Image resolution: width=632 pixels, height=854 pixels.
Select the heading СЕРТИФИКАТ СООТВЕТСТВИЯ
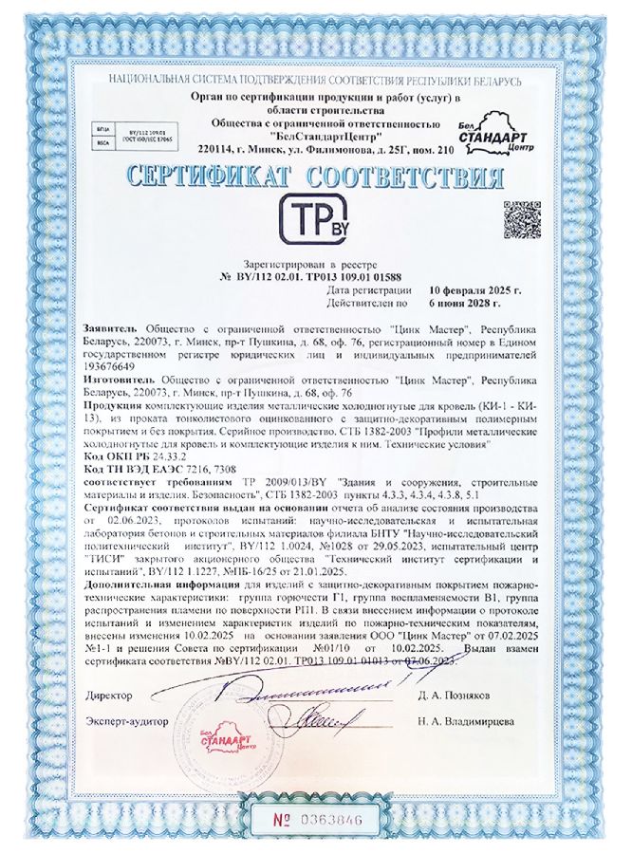(x=315, y=177)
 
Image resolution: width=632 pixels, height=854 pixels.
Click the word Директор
(x=108, y=696)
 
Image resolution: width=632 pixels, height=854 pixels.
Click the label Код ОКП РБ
(x=116, y=455)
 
